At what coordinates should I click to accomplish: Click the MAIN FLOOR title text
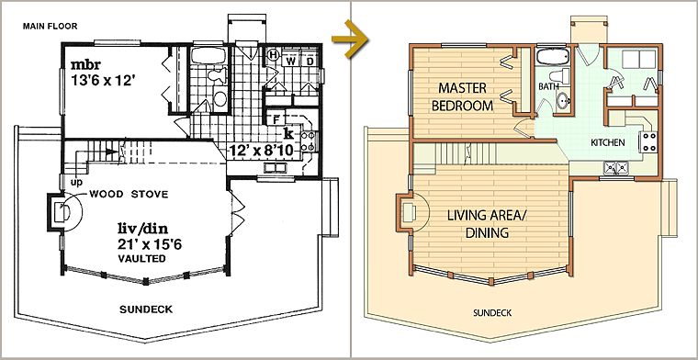point(50,27)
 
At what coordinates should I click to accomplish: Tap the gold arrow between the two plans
point(350,39)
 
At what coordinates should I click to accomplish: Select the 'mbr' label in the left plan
point(86,64)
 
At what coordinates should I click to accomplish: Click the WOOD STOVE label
point(129,194)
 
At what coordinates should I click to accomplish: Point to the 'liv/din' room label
point(142,229)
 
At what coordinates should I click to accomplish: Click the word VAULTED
point(142,259)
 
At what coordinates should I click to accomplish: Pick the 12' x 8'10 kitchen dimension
point(262,151)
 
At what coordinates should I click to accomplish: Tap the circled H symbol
point(273,56)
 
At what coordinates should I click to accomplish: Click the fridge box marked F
point(276,119)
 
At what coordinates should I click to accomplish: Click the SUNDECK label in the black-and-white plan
point(146,309)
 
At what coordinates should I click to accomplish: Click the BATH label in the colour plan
point(548,86)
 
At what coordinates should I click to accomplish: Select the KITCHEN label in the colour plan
point(608,143)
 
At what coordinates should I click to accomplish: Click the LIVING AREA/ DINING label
point(487,224)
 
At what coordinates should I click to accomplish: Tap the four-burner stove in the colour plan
point(648,142)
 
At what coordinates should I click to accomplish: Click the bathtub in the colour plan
point(553,57)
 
